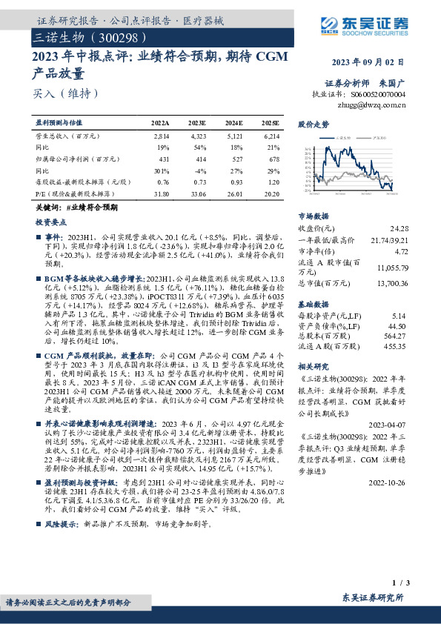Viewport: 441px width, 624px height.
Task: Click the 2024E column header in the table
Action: (x=233, y=122)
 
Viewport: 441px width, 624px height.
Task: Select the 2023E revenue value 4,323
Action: (x=197, y=137)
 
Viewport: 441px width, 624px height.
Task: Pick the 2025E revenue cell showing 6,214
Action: (x=271, y=137)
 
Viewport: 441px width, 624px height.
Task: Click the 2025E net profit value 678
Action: (x=273, y=159)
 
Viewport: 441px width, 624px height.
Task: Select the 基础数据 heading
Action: (x=313, y=305)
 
